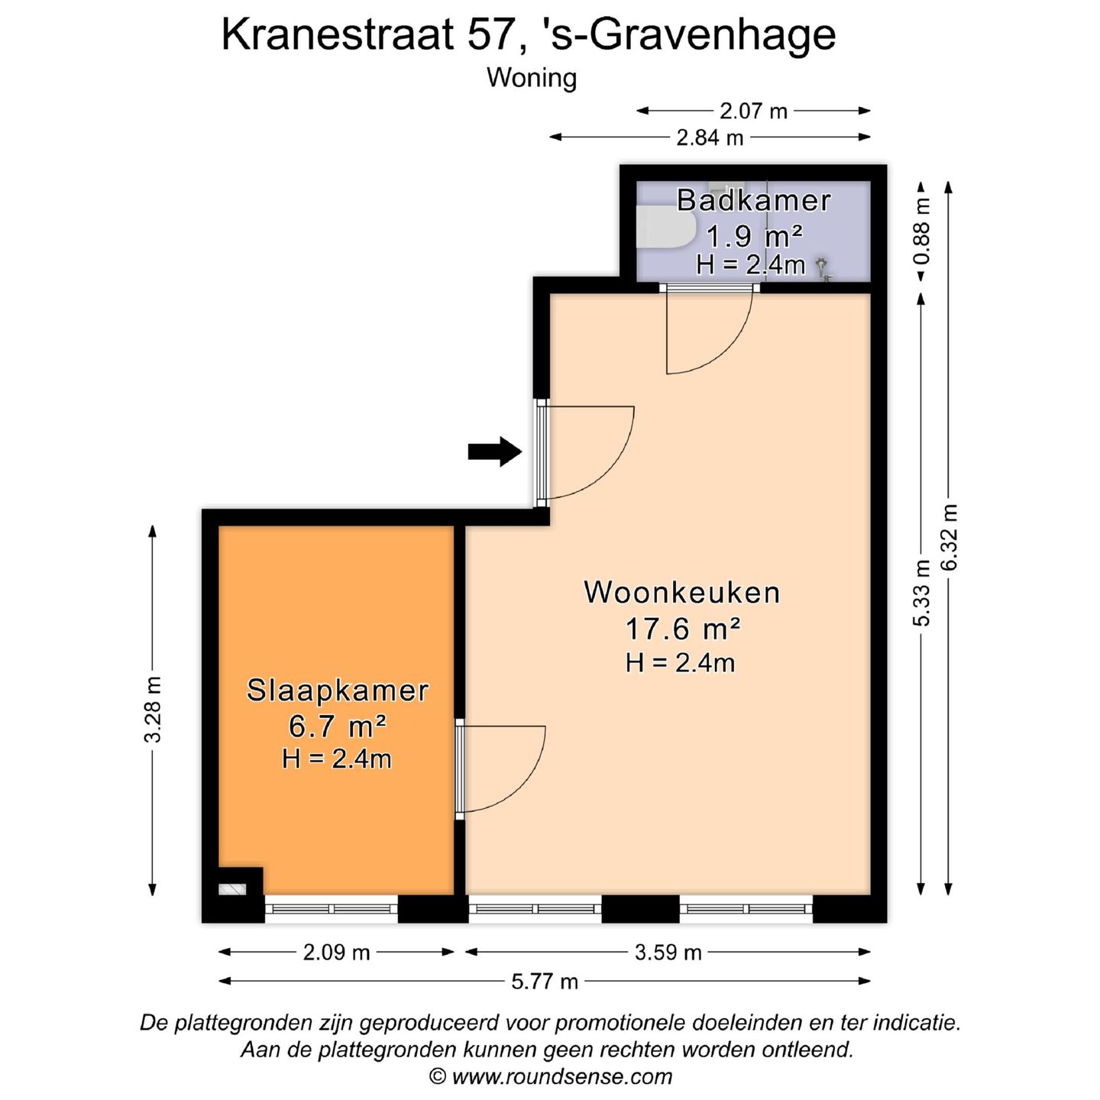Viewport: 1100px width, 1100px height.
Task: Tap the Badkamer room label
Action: tap(753, 200)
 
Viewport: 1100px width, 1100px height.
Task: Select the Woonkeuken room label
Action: tap(682, 593)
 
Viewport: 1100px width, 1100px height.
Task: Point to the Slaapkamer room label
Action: tap(337, 691)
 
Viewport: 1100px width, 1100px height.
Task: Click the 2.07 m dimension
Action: tap(753, 112)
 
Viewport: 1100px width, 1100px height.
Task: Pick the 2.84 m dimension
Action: tap(710, 138)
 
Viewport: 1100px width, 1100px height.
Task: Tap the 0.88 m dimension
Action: tap(922, 231)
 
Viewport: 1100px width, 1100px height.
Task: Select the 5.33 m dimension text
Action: tap(922, 593)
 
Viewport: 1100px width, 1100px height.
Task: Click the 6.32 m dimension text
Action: tap(949, 537)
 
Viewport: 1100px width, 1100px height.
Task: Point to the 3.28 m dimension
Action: tap(153, 709)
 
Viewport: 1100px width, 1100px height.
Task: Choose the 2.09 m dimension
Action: tap(336, 953)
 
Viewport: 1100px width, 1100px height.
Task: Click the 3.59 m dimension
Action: tap(668, 953)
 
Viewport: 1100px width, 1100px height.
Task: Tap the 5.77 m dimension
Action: tap(545, 982)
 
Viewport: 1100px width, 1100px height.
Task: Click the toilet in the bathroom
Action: tap(663, 227)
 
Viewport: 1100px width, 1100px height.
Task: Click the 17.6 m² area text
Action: tap(682, 629)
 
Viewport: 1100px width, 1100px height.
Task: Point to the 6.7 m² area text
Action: tap(337, 726)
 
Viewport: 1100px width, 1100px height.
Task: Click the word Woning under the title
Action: tap(532, 78)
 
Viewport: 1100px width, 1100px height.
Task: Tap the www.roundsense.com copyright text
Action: tap(552, 1077)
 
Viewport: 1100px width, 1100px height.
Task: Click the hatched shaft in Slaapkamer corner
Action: tap(231, 889)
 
